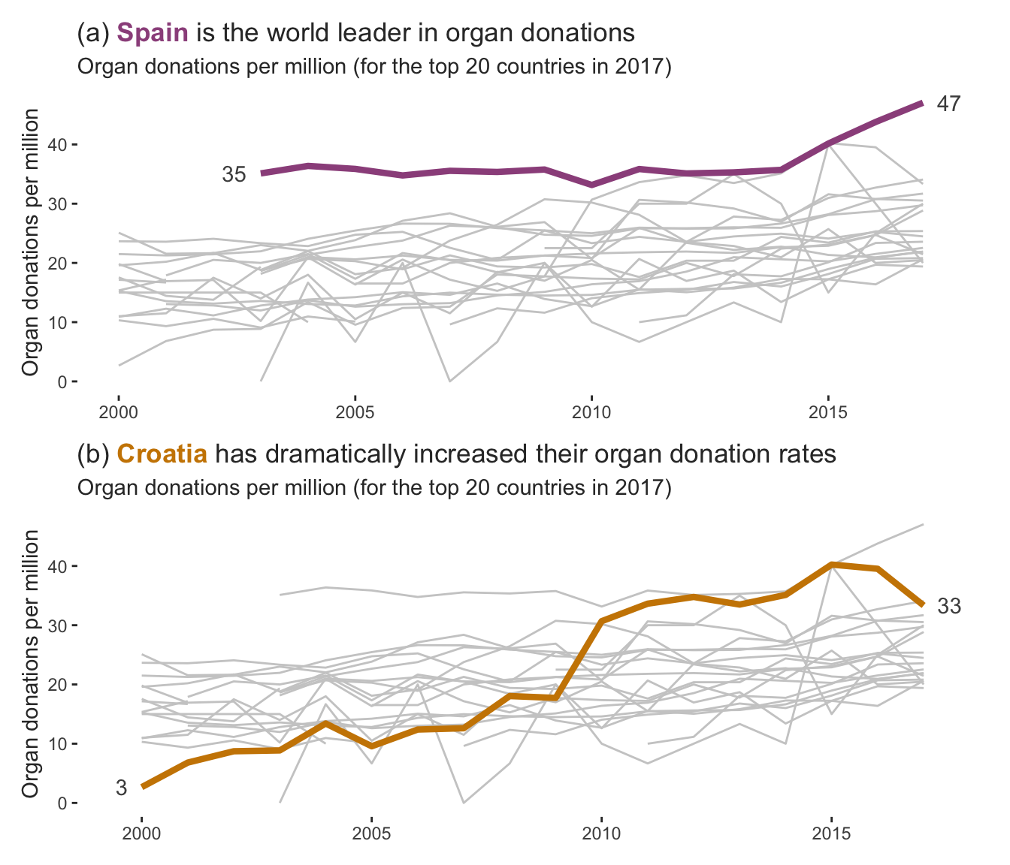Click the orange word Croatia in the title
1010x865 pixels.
162,454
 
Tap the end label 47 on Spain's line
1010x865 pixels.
948,104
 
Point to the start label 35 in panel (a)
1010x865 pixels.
234,174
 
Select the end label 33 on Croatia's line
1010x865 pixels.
949,607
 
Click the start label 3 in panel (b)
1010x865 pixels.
121,788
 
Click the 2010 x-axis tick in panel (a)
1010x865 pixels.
591,412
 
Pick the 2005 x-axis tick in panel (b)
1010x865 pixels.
371,833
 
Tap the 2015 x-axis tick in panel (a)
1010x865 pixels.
827,412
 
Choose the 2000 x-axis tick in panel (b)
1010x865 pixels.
141,833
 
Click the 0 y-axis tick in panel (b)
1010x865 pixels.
63,803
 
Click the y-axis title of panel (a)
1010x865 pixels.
31,242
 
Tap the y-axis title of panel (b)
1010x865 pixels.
31,663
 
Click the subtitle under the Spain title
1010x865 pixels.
373,67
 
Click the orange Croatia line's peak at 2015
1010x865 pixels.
831,564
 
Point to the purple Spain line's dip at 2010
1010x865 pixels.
591,185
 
